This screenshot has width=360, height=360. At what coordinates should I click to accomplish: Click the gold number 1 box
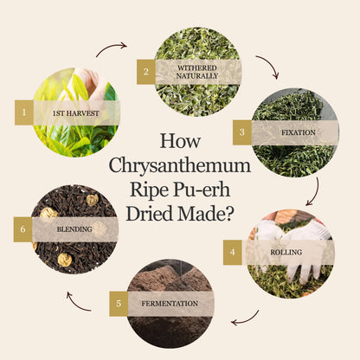[24, 112]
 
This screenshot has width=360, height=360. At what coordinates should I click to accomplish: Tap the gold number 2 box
[146, 72]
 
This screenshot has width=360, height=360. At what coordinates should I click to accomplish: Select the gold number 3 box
[242, 132]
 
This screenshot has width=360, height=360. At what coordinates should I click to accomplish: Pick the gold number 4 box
[233, 252]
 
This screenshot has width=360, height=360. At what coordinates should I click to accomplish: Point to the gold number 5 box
[119, 304]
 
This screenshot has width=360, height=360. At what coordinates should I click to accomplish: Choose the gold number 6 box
[22, 229]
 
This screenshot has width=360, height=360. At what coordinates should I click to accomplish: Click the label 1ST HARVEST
[76, 113]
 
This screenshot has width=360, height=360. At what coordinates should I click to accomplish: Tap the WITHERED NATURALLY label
[197, 72]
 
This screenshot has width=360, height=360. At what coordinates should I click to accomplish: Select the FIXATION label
[299, 132]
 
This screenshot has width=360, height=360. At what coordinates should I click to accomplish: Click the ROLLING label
[286, 252]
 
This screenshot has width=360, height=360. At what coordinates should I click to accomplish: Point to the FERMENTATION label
[170, 304]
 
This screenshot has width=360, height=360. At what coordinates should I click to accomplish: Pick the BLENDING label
[74, 229]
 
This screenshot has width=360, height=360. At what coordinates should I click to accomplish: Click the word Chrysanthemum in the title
[180, 165]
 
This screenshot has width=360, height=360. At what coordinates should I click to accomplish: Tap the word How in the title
[180, 141]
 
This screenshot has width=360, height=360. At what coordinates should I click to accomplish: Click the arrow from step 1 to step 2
[111, 47]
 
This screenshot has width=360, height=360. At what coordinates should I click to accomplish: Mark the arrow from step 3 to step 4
[316, 193]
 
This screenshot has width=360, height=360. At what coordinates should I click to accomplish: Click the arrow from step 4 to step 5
[247, 320]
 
